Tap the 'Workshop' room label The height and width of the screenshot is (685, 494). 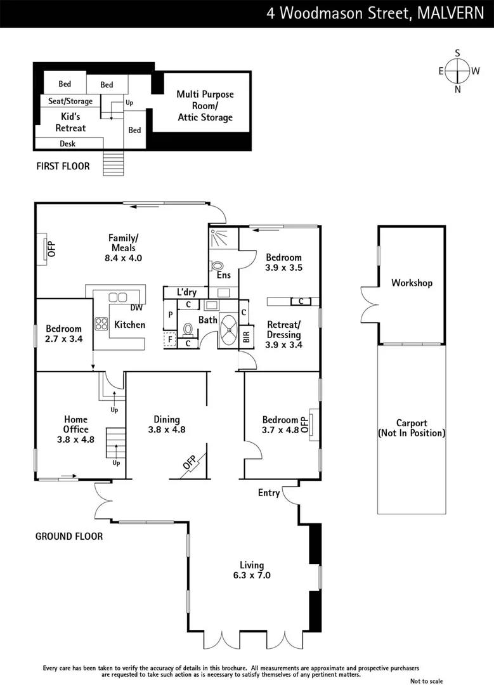412,283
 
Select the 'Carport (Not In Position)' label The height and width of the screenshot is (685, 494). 412,428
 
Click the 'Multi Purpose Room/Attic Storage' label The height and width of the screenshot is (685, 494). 204,105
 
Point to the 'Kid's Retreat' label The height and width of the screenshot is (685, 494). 73,122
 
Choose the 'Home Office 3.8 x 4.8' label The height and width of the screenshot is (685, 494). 75,429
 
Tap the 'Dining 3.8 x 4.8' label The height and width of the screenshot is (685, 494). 167,424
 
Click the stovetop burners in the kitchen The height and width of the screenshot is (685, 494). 101,323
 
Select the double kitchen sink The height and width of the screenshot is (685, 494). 118,296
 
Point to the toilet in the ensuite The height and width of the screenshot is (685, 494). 217,266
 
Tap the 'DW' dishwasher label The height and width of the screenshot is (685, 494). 136,308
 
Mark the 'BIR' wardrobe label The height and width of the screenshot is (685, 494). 246,336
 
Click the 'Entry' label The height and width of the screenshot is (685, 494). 268,493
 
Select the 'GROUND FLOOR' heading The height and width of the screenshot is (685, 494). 68,536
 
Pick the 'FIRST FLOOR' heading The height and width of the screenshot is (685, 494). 62,167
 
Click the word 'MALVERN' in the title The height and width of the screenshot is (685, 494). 452,13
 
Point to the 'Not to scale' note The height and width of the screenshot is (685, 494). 426,681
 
